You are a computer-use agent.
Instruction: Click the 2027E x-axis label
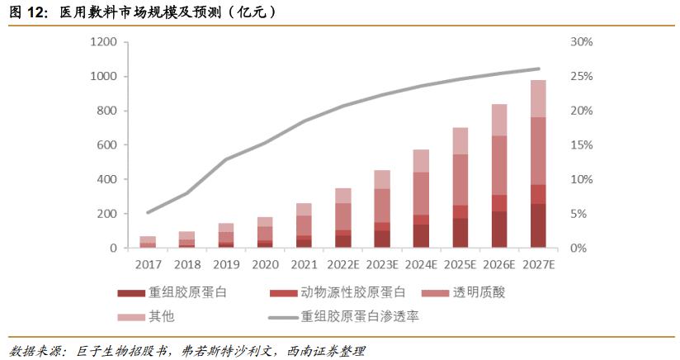(x=537, y=265)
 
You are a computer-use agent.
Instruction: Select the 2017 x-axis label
(x=148, y=265)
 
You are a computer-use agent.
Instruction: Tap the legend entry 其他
(x=162, y=315)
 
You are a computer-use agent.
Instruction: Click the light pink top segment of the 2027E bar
(x=537, y=98)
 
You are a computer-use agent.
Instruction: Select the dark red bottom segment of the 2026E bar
(x=498, y=230)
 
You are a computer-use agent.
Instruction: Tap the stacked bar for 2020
(x=265, y=232)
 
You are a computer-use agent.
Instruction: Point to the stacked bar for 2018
(x=187, y=239)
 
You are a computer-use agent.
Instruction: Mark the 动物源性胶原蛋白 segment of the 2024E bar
(x=421, y=220)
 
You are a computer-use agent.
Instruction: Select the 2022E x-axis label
(x=342, y=265)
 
